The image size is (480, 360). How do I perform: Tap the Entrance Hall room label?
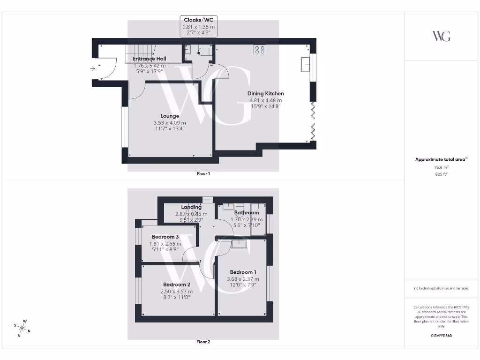[150, 59]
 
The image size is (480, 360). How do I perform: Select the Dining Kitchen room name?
[266, 93]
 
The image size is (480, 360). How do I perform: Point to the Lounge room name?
[170, 116]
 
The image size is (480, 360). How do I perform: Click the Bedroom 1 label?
[243, 272]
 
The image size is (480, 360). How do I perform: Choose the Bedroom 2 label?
[176, 285]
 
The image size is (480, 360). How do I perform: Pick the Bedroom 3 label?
[165, 237]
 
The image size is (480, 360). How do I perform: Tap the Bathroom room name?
[247, 212]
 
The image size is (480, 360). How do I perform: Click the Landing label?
[191, 207]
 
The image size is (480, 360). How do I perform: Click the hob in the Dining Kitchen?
[260, 50]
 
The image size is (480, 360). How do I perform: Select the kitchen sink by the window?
[305, 64]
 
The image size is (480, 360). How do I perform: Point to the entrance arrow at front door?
[93, 68]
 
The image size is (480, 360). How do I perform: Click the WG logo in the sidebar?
[441, 36]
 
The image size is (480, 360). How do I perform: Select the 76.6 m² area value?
[441, 167]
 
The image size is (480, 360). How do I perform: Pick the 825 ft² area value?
[441, 174]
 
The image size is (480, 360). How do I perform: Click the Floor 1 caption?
[203, 174]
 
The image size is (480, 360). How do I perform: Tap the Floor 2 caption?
[203, 342]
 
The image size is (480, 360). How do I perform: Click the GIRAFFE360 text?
[441, 336]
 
